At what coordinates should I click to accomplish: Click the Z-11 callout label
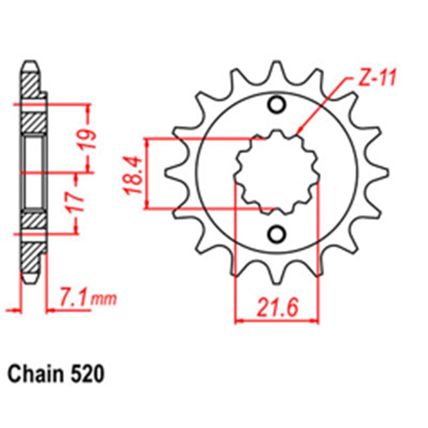click(x=371, y=80)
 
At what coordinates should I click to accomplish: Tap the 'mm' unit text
click(x=104, y=299)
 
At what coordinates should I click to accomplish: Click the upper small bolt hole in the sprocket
click(x=276, y=104)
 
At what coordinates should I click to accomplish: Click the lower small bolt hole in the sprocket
click(x=276, y=234)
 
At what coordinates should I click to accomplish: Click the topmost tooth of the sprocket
click(x=276, y=71)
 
